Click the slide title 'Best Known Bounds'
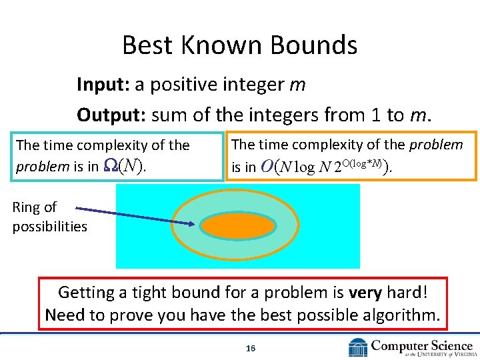tap(239, 45)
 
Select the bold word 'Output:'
tap(111, 115)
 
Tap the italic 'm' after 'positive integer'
tap(298, 85)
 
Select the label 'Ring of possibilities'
tap(49, 217)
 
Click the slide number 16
tap(251, 348)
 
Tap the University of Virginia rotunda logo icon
tap(358, 347)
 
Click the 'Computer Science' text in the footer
tap(421, 345)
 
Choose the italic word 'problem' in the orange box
tap(436, 145)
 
